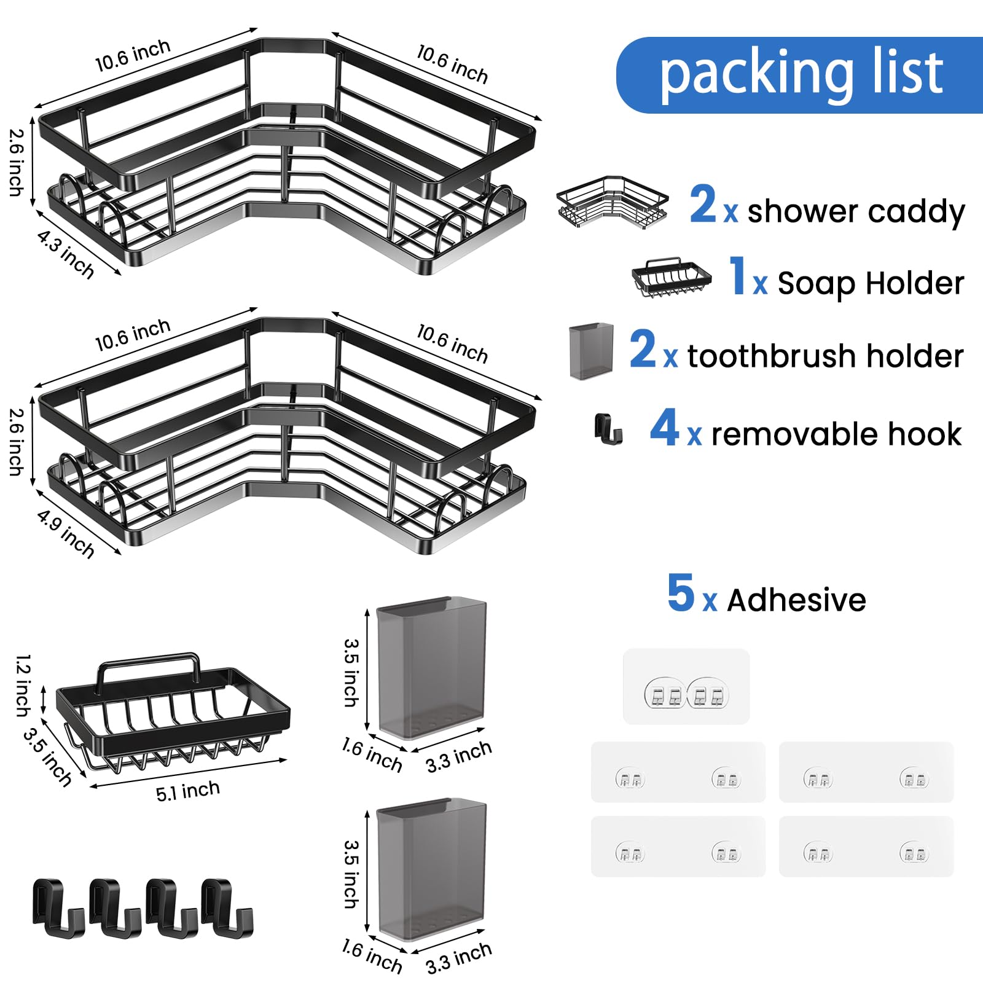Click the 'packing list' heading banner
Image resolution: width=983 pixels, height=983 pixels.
[x=799, y=75]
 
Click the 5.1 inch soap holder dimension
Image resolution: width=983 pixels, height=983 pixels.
[x=187, y=791]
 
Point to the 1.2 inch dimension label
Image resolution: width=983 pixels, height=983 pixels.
[x=23, y=685]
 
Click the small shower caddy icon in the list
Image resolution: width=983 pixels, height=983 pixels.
[x=612, y=203]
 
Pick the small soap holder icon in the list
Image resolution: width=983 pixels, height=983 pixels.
[x=672, y=277]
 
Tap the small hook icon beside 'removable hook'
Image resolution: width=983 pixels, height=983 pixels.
[x=608, y=429]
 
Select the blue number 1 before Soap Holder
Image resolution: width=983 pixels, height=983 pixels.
[x=737, y=276]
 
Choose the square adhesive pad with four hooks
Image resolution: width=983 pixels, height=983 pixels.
[x=686, y=686]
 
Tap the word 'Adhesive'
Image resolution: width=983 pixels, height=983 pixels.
[x=796, y=600]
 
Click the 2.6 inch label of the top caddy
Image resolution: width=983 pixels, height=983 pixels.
[x=17, y=162]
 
